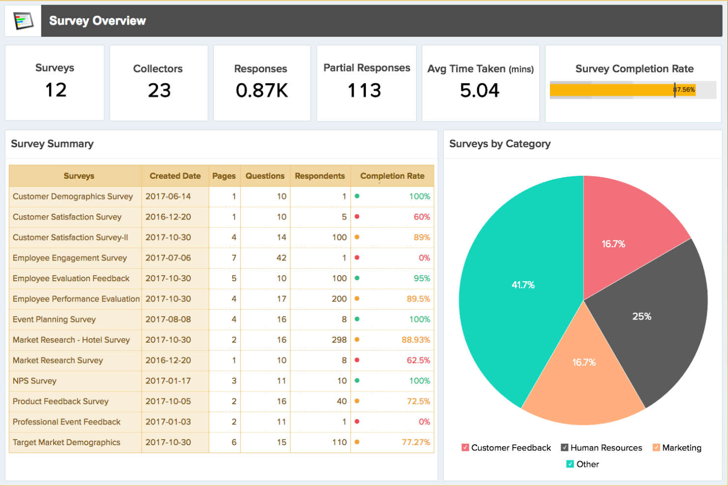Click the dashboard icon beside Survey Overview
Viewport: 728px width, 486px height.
[23, 21]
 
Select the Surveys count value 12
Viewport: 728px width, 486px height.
[56, 90]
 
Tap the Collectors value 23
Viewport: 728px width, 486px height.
[159, 91]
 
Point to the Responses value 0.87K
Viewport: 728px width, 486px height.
[262, 91]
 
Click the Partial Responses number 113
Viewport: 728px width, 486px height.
[364, 91]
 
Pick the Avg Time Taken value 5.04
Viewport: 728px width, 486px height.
[480, 91]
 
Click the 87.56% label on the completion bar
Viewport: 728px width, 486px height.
[684, 90]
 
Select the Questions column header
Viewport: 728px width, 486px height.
[265, 176]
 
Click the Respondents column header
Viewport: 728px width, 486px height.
[320, 176]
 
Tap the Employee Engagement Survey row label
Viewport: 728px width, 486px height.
[70, 258]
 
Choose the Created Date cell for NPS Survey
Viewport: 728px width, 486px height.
[168, 381]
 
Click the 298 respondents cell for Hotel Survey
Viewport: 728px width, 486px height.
[339, 340]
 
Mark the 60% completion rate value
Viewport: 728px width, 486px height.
[422, 217]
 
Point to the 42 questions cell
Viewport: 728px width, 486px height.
[281, 258]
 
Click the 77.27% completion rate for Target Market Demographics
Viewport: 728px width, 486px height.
[416, 443]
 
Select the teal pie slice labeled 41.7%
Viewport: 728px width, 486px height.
[522, 285]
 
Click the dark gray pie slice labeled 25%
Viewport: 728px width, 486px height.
[642, 317]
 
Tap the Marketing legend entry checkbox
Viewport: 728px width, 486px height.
[656, 448]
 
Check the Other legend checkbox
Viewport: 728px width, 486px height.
[570, 464]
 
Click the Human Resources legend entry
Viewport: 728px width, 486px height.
[606, 448]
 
